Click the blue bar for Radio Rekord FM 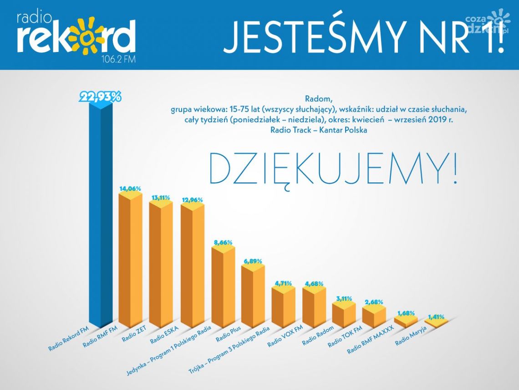(x=100, y=214)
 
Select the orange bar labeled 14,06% (x=130, y=260)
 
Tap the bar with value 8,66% (x=223, y=287)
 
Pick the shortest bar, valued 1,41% (x=437, y=323)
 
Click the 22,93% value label (x=101, y=97)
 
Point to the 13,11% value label (x=161, y=198)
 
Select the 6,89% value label (x=253, y=261)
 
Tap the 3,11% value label (x=344, y=299)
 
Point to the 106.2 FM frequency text (x=119, y=59)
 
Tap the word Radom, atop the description (x=318, y=99)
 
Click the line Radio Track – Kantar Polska (x=318, y=130)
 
